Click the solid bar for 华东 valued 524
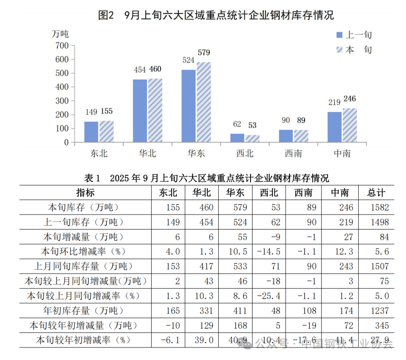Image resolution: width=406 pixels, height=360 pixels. [x=188, y=106]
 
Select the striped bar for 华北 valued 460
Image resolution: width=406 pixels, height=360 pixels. [x=155, y=110]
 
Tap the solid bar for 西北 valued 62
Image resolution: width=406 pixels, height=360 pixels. [x=237, y=138]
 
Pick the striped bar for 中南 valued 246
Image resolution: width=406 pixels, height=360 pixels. [x=350, y=125]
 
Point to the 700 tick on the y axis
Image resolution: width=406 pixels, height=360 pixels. [x=62, y=45]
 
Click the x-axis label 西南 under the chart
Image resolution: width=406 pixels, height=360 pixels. [x=293, y=153]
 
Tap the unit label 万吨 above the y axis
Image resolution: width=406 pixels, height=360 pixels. [x=60, y=33]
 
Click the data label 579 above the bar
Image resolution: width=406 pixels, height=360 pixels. [x=203, y=52]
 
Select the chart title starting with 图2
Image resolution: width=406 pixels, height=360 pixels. [x=216, y=15]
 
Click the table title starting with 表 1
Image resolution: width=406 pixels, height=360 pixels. [x=205, y=178]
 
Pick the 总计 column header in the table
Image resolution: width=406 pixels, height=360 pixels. [x=376, y=193]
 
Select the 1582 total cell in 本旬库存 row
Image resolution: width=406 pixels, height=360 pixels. [x=379, y=207]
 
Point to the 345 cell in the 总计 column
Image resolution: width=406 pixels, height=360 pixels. [x=381, y=325]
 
